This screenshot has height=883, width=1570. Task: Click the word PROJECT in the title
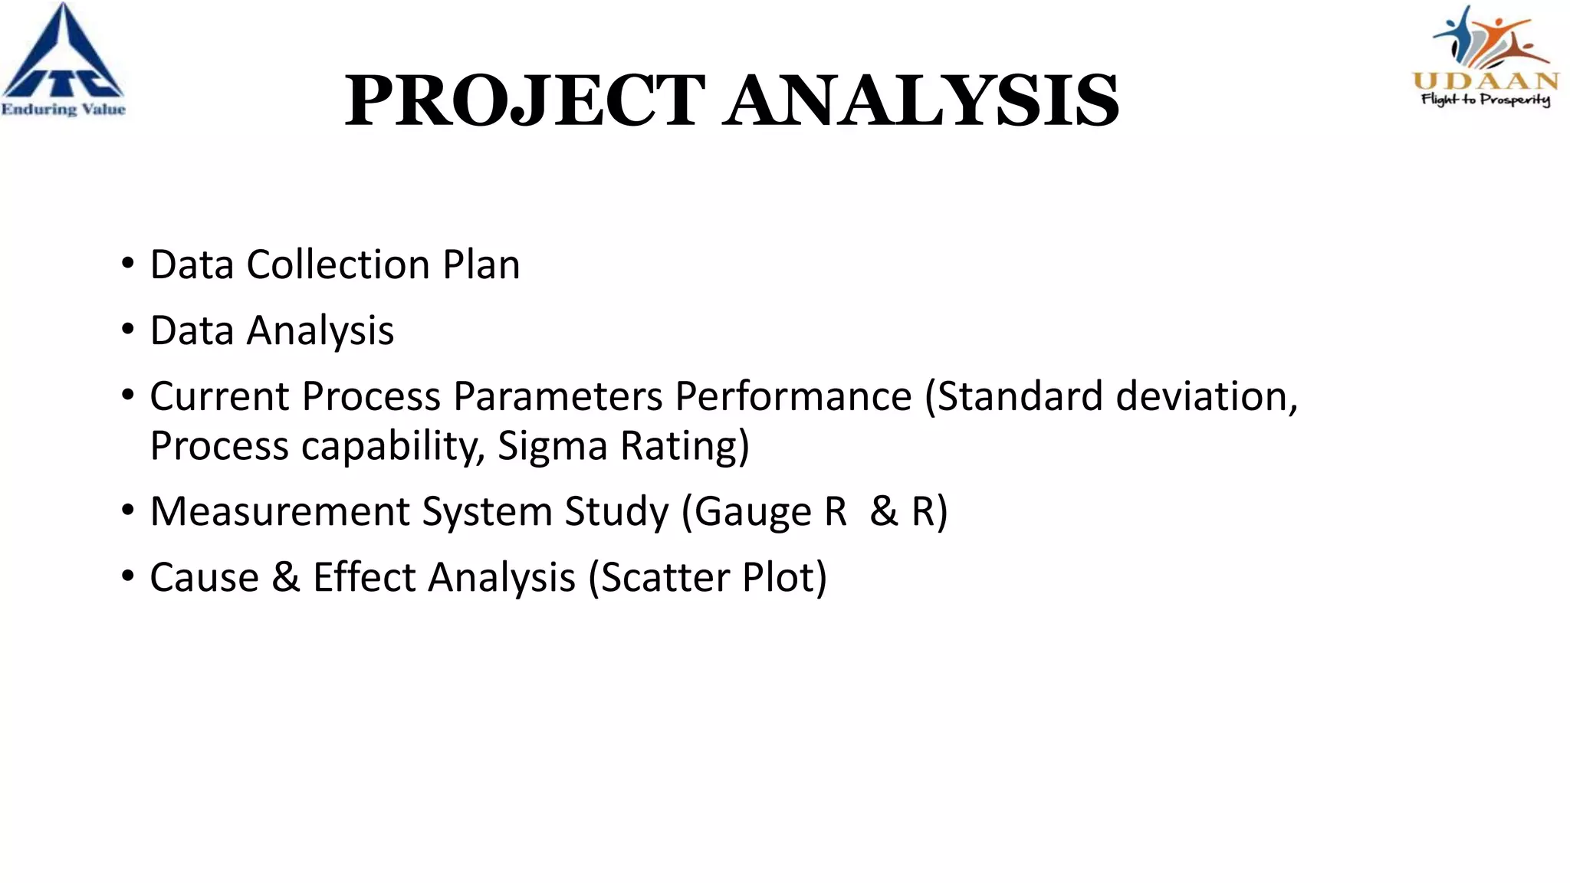pos(524,100)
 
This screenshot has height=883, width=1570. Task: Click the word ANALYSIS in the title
pos(923,100)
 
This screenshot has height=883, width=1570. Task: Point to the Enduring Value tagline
pos(63,110)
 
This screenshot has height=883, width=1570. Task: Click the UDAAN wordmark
pos(1485,81)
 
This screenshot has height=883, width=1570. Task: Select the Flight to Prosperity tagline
pos(1485,100)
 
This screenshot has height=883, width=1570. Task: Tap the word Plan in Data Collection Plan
pos(481,264)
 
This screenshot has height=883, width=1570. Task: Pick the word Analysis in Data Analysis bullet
pos(320,331)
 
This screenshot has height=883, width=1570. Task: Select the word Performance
pos(793,396)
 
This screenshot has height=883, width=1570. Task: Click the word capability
pos(392,446)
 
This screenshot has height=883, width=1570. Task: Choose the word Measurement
pos(279,511)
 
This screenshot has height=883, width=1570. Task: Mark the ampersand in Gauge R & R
pos(883,511)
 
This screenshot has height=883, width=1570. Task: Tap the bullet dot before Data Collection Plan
pos(127,264)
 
